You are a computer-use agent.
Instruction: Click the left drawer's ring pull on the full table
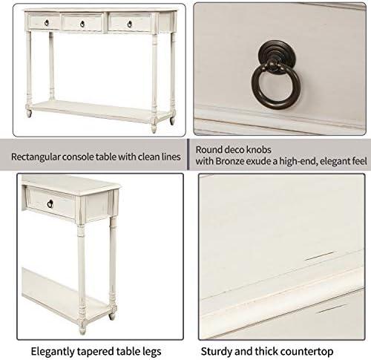[x=47, y=23]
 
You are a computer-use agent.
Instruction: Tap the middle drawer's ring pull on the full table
[x=82, y=24]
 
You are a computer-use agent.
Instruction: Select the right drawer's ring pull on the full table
[x=130, y=24]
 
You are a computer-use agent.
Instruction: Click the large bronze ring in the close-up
[x=276, y=87]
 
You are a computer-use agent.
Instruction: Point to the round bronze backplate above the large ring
[x=277, y=53]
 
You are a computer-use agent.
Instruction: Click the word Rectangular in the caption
[x=36, y=157]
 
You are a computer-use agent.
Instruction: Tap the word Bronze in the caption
[x=231, y=161]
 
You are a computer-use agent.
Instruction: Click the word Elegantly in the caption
[x=53, y=351]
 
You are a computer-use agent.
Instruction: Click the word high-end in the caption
[x=298, y=161]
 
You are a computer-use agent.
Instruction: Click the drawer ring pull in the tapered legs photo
[x=50, y=204]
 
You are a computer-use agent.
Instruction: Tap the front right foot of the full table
[x=154, y=128]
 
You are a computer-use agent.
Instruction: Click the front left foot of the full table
[x=29, y=113]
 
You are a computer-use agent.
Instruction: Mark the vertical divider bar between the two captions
[x=188, y=154]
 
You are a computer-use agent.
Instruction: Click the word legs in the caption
[x=152, y=352]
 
